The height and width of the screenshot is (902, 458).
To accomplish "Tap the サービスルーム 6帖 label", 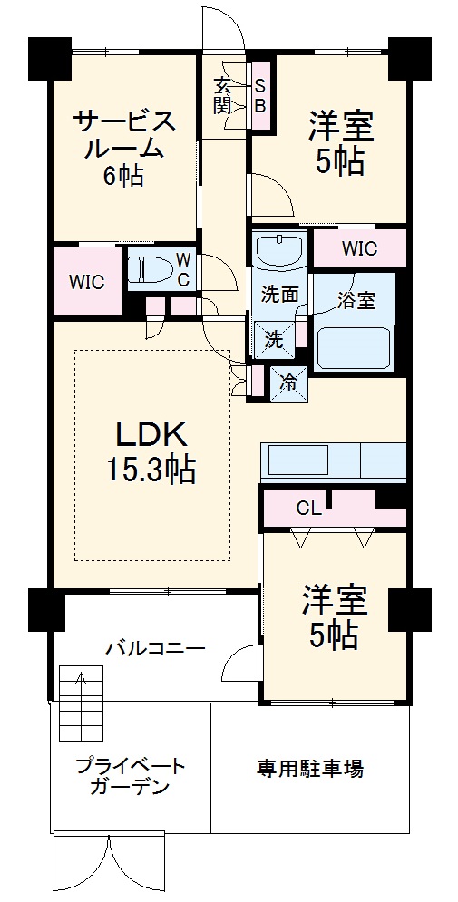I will tap(123, 147).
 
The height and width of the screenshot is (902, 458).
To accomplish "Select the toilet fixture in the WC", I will tap(150, 270).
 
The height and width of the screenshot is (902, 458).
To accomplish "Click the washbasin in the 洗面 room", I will tap(279, 248).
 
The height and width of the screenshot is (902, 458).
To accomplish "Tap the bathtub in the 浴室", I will tap(354, 347).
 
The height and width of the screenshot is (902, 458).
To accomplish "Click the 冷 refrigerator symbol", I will tap(288, 382).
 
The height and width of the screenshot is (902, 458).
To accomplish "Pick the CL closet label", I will tap(308, 508).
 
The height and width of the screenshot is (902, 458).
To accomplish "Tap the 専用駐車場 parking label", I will tap(309, 770).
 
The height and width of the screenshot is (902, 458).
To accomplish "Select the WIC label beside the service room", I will tap(88, 282).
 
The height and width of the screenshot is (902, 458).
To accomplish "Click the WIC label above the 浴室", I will tap(359, 248).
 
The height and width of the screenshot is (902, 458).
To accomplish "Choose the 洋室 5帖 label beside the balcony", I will tap(334, 618).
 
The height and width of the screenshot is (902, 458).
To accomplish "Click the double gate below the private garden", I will tap(110, 865).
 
